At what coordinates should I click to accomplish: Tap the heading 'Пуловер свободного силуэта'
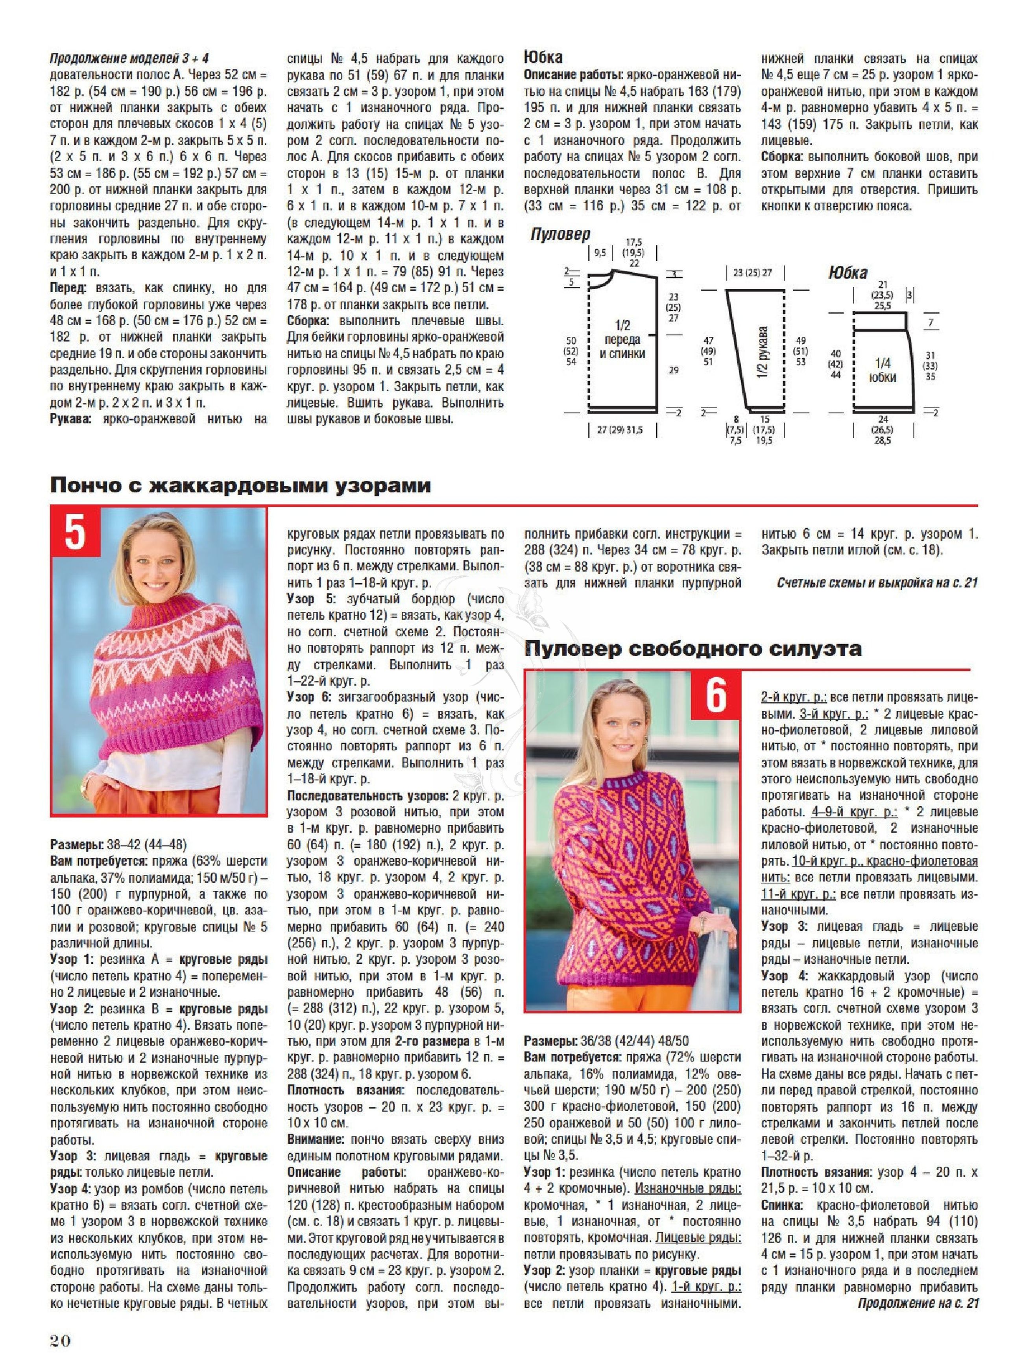point(692,649)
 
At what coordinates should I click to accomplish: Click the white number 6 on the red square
point(715,695)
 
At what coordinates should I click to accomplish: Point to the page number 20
point(61,1341)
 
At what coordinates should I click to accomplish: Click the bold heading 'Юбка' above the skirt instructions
point(543,57)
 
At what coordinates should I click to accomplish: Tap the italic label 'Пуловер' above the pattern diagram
point(560,234)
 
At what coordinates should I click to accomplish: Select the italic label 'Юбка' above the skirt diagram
point(848,273)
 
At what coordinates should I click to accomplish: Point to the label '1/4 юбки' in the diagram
point(883,370)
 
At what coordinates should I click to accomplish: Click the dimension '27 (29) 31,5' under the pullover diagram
point(619,430)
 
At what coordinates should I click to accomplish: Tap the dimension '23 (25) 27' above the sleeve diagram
point(752,273)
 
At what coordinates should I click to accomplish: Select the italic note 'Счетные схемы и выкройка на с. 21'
point(877,583)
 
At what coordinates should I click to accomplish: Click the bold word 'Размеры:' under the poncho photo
point(77,845)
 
